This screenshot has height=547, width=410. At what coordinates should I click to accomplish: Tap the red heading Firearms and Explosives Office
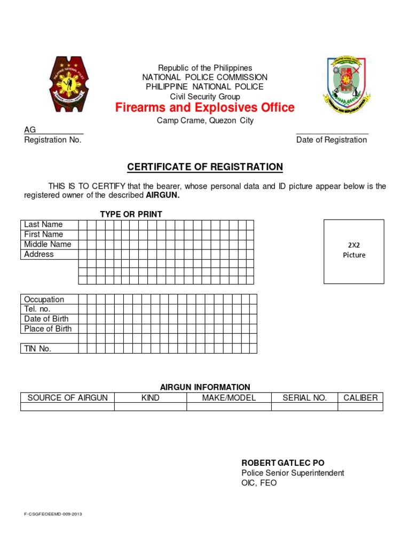(x=205, y=108)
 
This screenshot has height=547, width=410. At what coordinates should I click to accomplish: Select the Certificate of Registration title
(x=205, y=167)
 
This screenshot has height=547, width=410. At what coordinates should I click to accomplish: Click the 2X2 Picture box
(x=354, y=251)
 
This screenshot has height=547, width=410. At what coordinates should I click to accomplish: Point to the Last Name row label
(x=43, y=224)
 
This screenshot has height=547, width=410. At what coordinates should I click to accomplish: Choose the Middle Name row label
(x=48, y=244)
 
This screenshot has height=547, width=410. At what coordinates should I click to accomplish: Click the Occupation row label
(x=44, y=300)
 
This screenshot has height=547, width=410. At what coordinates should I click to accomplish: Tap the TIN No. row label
(x=37, y=349)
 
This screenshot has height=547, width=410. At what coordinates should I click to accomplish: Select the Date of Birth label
(x=46, y=319)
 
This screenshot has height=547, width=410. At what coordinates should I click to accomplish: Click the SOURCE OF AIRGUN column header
(x=67, y=398)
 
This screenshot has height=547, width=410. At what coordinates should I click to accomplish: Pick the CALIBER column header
(x=360, y=398)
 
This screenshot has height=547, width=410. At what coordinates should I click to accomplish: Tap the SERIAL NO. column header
(x=304, y=398)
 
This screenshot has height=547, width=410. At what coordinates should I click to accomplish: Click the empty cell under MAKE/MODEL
(x=228, y=407)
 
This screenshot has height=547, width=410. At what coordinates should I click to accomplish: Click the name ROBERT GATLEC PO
(x=283, y=463)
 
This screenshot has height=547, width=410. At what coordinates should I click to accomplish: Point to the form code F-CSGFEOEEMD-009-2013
(x=53, y=514)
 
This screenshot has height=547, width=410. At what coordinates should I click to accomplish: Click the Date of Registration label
(x=332, y=140)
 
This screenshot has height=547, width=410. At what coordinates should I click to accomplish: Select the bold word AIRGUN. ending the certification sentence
(x=163, y=196)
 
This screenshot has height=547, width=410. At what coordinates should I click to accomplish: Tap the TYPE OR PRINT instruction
(x=131, y=214)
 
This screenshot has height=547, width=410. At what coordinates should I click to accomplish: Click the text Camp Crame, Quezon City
(x=205, y=121)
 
